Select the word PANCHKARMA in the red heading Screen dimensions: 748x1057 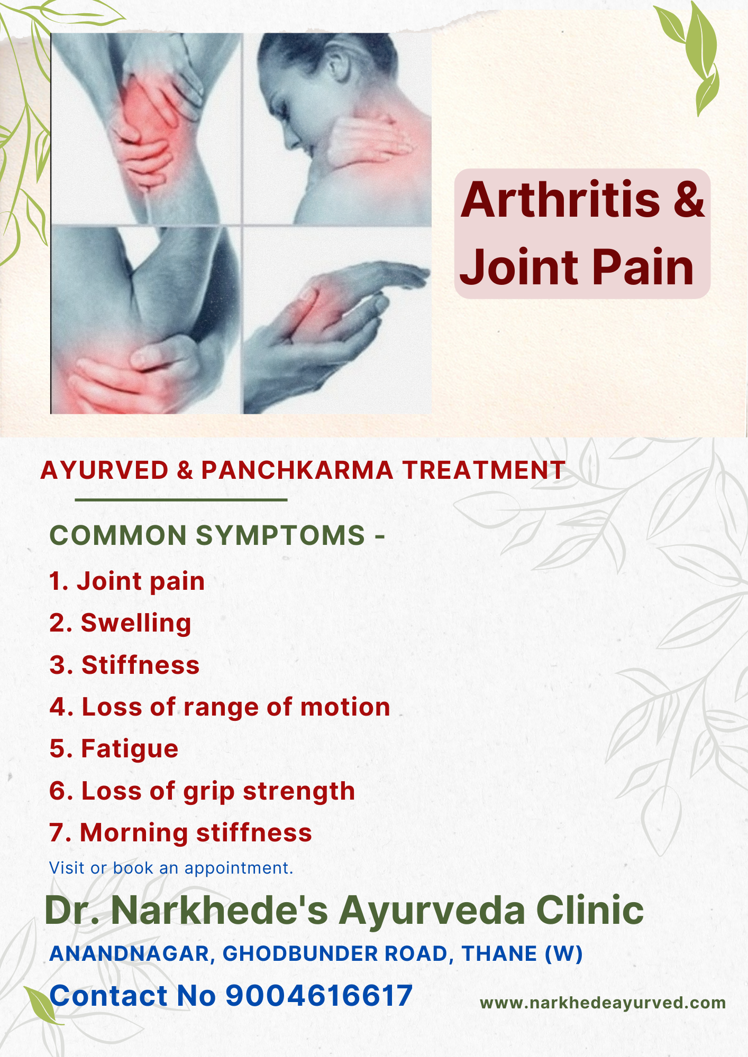[x=297, y=470]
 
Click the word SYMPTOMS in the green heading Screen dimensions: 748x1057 [x=281, y=535]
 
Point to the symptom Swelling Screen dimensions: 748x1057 [x=136, y=624]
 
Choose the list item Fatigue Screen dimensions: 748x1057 [x=130, y=750]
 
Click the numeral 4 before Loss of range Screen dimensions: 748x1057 [x=57, y=707]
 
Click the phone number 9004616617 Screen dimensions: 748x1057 [x=319, y=996]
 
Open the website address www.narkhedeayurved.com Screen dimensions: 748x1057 [x=603, y=1003]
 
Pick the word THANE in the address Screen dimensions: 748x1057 [x=499, y=953]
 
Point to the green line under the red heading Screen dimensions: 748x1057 [x=181, y=499]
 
